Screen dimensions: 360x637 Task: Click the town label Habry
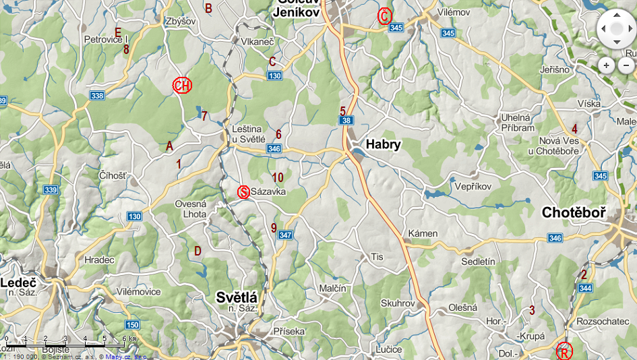tap(383, 144)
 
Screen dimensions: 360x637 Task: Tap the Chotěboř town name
tap(574, 214)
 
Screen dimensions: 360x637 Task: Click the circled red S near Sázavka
tap(244, 192)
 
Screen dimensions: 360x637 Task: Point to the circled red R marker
tap(564, 351)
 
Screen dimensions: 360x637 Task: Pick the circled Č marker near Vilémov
tap(384, 16)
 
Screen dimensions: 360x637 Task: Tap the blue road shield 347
tap(285, 235)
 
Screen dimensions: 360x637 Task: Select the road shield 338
tap(97, 96)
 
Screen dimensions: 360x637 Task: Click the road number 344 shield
tap(585, 288)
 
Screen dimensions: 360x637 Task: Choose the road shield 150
tap(131, 325)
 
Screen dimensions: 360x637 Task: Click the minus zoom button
tap(626, 65)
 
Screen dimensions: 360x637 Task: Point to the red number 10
tap(278, 177)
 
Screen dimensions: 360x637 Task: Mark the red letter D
tap(198, 251)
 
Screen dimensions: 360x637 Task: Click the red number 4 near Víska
tap(574, 129)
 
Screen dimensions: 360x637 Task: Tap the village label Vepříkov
tap(473, 187)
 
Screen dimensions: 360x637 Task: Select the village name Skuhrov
tap(396, 304)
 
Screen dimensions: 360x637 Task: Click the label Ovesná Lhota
tap(191, 209)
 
